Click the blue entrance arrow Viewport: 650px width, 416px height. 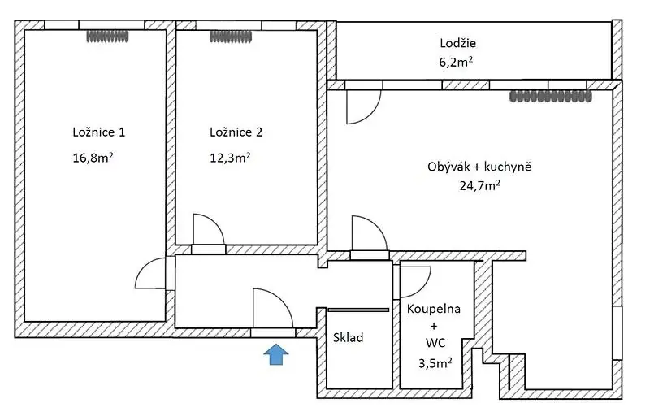[276, 354]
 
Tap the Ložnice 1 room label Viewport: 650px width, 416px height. [98, 132]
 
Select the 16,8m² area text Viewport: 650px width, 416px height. [93, 158]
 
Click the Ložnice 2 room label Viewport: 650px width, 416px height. [236, 132]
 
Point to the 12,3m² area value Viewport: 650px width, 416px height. [230, 158]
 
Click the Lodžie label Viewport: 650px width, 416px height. [457, 43]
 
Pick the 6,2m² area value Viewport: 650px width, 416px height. [456, 62]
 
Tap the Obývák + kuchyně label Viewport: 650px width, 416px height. [479, 167]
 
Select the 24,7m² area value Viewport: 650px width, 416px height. [479, 185]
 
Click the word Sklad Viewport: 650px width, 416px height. [349, 338]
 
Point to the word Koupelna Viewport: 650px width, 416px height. [434, 309]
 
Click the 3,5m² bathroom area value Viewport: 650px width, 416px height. [435, 363]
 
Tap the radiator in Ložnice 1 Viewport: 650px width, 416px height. [108, 37]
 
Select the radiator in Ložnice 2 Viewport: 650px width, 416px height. [231, 37]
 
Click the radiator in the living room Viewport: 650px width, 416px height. [551, 97]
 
